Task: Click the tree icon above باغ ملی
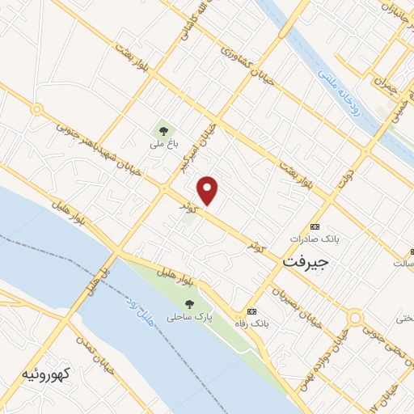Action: [x=163, y=129]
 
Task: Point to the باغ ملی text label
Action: [x=163, y=146]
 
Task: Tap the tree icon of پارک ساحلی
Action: [x=189, y=304]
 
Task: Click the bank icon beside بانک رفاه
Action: [x=251, y=311]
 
